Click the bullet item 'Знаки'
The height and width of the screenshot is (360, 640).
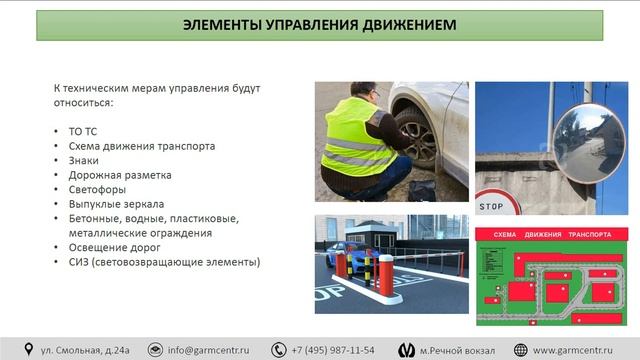[84, 160]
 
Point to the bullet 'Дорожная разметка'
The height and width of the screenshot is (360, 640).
[113, 174]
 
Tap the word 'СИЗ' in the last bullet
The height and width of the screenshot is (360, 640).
[80, 262]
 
